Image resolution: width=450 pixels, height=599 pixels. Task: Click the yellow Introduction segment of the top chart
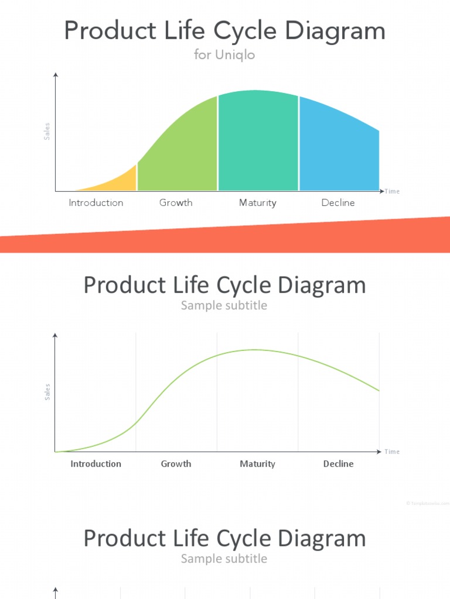pos(120,181)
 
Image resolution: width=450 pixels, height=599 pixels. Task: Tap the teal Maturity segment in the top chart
pos(258,140)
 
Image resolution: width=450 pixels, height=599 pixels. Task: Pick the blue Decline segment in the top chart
pos(337,149)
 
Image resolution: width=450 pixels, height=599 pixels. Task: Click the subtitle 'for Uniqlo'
pos(224,56)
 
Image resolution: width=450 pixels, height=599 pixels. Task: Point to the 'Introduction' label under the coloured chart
pos(96,203)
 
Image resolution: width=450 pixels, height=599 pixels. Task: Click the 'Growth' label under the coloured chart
pos(176,203)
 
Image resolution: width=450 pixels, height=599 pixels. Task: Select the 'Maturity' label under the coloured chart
pos(258,203)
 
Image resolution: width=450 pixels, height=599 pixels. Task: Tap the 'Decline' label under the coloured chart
pos(338,203)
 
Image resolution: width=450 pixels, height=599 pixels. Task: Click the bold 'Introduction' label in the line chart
pos(96,464)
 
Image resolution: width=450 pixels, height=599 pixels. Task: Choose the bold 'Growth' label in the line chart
pos(176,464)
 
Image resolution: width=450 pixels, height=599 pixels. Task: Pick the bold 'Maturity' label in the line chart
pos(258,464)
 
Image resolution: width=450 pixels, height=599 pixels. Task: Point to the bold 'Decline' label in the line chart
pos(338,464)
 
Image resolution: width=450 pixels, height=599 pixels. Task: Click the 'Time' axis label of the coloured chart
pos(393,191)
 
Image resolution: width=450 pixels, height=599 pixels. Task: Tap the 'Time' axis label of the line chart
pos(393,452)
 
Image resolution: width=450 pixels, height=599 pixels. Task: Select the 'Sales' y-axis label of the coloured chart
pos(47,131)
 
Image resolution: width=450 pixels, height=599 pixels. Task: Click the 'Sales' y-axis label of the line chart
pos(47,392)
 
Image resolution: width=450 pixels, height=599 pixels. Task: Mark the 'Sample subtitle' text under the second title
pos(224,305)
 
